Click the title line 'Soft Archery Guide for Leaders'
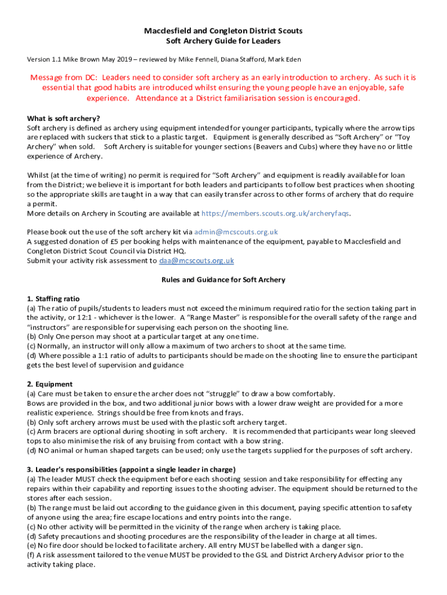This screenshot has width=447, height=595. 223,41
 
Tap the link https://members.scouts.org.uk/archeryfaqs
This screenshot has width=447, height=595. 276,213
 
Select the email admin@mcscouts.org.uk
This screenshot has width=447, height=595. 236,231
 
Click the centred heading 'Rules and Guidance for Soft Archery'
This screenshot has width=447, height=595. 223,279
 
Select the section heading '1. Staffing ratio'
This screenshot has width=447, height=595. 53,299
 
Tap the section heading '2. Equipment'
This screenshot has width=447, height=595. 50,384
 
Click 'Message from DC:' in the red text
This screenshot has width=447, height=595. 64,78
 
